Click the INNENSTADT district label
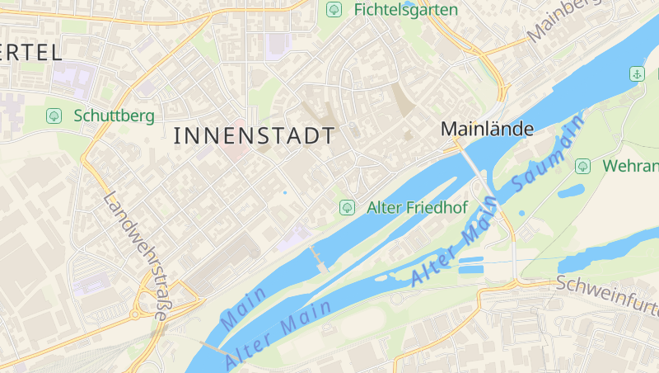(255, 136)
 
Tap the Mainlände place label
(488, 129)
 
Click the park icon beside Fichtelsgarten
(334, 10)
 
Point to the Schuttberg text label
(114, 116)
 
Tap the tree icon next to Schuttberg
(54, 116)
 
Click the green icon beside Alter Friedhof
(347, 207)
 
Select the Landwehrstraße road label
(138, 257)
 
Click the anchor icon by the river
(637, 74)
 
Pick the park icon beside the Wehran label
(582, 166)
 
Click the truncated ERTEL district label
(31, 53)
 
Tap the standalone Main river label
(245, 306)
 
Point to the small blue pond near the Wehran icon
(570, 192)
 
